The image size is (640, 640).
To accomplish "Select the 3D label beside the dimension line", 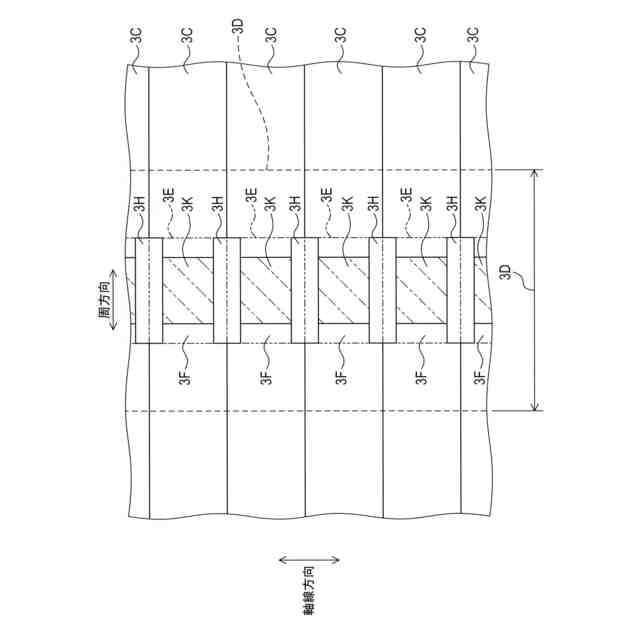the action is point(506,273).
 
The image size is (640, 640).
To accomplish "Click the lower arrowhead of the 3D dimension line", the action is point(536,405).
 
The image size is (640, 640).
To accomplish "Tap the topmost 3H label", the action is point(140,208).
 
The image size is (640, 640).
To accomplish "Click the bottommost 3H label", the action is point(453,208).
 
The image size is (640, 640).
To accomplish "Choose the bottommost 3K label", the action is point(481,208).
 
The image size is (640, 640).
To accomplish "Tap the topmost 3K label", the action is point(187,208).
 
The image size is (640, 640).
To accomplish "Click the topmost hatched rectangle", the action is point(188,291).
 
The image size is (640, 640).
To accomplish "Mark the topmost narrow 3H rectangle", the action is point(149,290).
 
